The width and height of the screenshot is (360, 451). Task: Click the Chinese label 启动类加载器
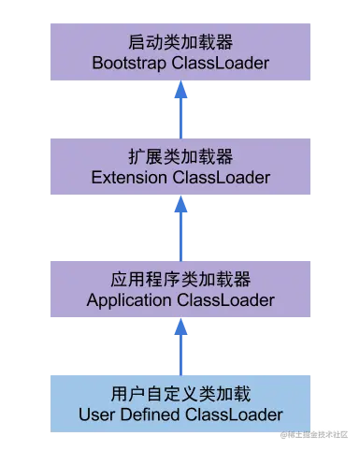[x=180, y=43]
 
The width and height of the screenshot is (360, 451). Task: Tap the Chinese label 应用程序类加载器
[x=180, y=280]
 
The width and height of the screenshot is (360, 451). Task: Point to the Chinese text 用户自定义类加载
[x=180, y=393]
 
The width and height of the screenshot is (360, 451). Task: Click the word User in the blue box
[x=95, y=414]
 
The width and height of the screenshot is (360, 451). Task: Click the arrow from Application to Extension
[x=180, y=225]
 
